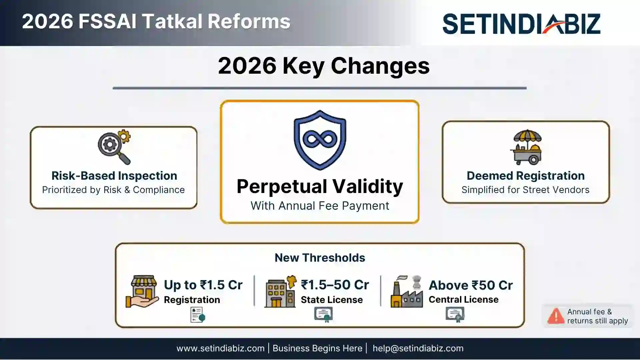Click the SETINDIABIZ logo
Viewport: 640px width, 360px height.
(521, 23)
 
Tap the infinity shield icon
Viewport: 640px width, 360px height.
(320, 140)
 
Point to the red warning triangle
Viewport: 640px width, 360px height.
(555, 316)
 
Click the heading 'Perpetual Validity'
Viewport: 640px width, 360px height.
(320, 186)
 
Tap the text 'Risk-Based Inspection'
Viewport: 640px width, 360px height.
(114, 176)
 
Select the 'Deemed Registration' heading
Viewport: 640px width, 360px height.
(525, 176)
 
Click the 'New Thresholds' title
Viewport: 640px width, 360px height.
(320, 258)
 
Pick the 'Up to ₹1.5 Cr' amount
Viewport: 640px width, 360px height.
(203, 285)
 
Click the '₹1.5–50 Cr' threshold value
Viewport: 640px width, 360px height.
(335, 285)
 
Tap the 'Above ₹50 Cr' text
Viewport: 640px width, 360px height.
(470, 285)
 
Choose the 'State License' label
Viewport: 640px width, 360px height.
(331, 300)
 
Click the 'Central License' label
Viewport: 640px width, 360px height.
(463, 299)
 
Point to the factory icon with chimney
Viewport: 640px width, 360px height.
(407, 292)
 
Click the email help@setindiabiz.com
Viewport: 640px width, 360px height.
(418, 348)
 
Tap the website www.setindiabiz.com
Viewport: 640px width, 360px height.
(220, 348)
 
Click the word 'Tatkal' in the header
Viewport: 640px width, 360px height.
(172, 21)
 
